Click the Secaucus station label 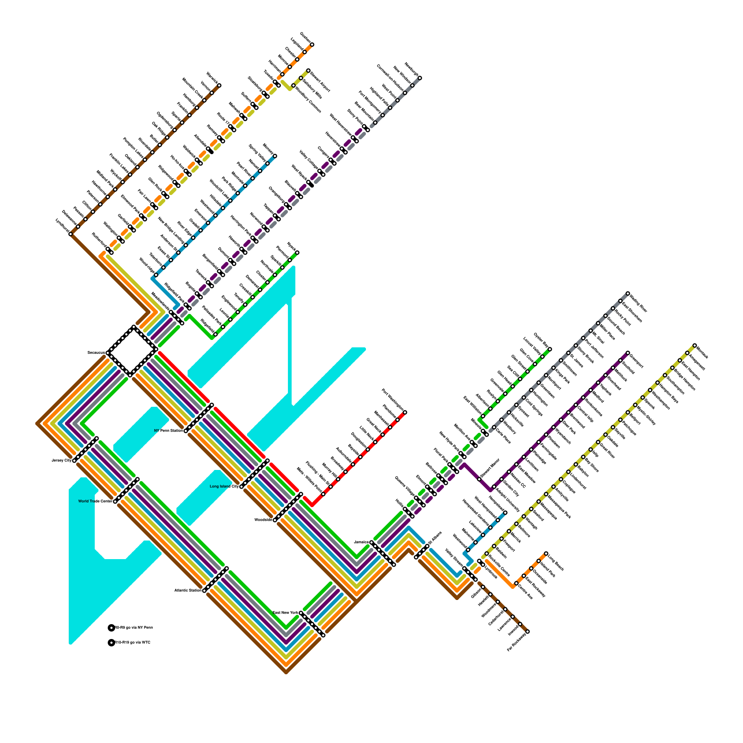click(96, 353)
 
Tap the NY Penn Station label click(169, 431)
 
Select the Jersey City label click(62, 461)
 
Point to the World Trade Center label click(95, 502)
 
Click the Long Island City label click(224, 487)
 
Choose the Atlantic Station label click(188, 591)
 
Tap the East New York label click(285, 613)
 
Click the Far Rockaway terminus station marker click(528, 632)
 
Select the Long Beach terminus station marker click(546, 554)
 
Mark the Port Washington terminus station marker click(405, 412)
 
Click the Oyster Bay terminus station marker click(550, 349)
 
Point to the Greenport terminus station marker click(628, 353)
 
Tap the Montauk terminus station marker click(695, 345)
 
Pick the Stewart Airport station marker click(308, 71)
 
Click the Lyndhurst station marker click(71, 234)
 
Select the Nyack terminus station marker click(297, 253)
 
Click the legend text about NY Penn click(134, 628)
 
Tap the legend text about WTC click(133, 643)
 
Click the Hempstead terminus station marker click(505, 512)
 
